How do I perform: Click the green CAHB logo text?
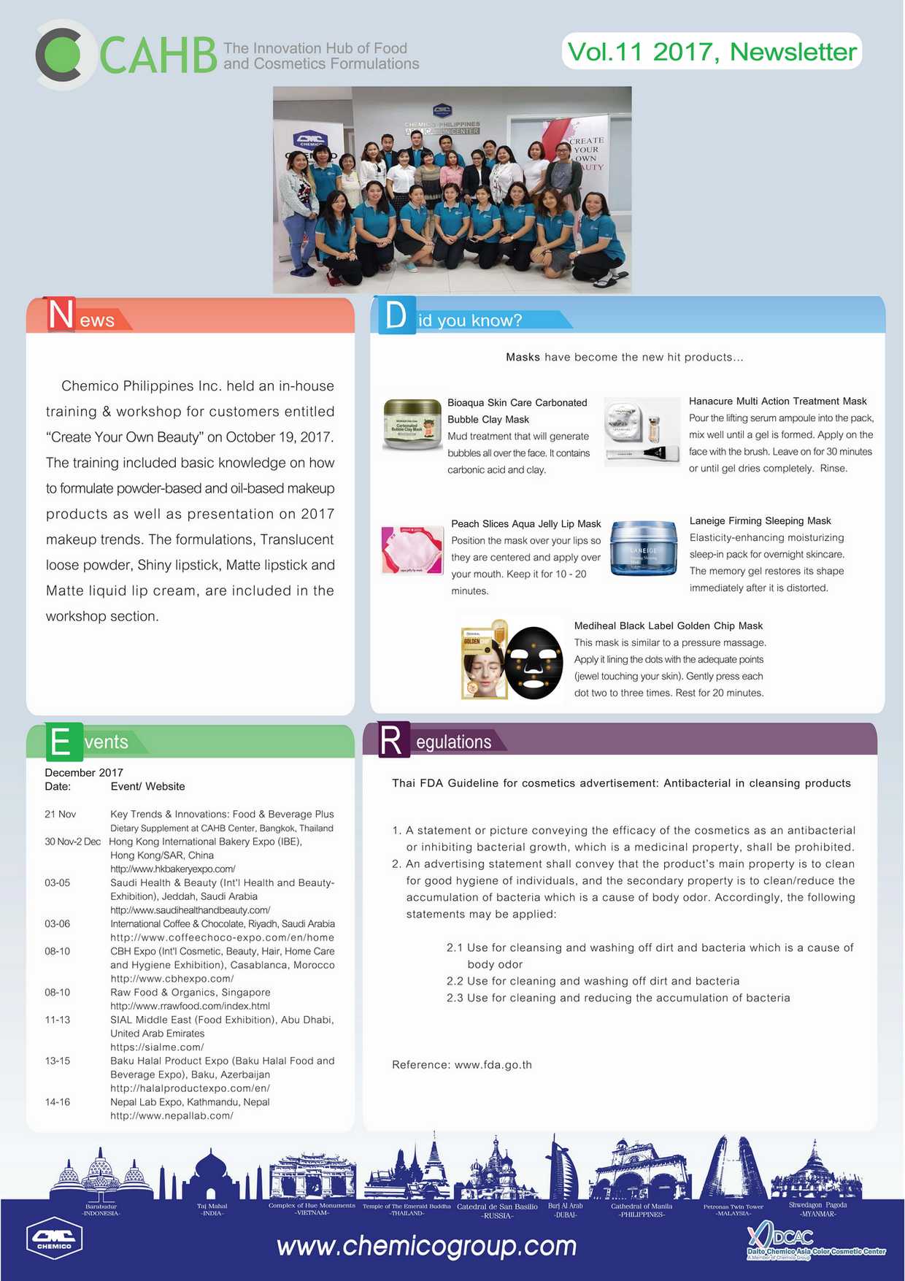(158, 55)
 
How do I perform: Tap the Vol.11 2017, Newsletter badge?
(712, 52)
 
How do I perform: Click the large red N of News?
(61, 315)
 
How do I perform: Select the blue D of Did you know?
(396, 315)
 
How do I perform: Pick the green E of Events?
(61, 742)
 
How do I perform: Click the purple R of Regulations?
(391, 741)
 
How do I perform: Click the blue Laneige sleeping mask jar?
(643, 548)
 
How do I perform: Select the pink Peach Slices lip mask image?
(412, 550)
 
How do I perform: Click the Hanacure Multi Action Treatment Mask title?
(777, 401)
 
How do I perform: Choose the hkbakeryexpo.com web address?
(172, 869)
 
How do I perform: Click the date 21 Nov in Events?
(60, 815)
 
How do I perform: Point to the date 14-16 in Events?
(57, 1102)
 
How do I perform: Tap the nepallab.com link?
(172, 1116)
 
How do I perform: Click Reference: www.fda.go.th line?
(461, 1065)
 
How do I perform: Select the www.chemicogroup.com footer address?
(426, 1246)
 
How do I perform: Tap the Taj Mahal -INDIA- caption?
(212, 1209)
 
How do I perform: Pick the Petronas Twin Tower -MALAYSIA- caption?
(733, 1210)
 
